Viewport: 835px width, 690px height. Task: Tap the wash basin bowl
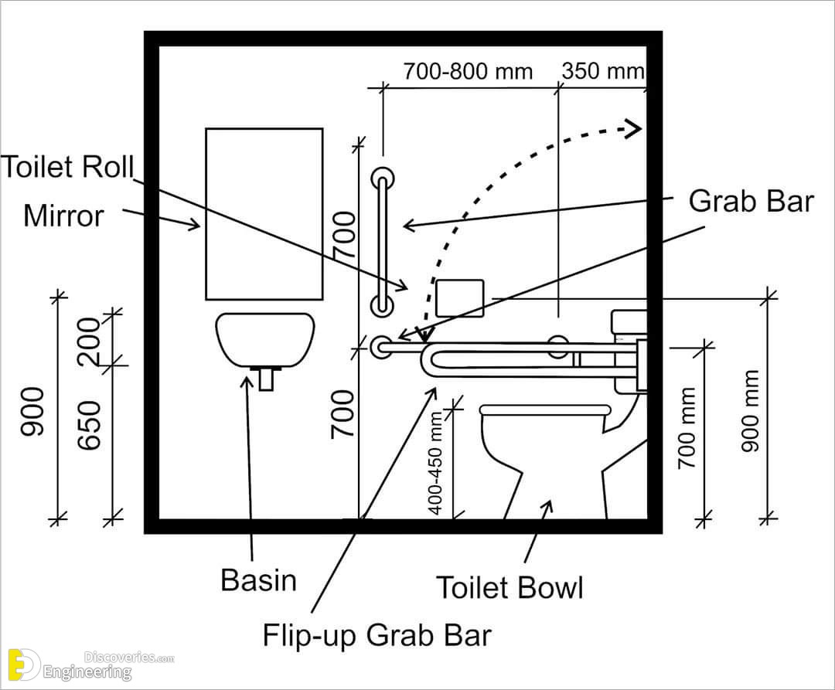[265, 339]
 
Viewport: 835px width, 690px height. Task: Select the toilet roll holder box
[460, 298]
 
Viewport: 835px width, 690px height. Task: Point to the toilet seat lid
[545, 410]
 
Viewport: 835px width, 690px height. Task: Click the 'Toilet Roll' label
[67, 167]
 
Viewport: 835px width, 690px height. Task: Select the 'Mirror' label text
[63, 216]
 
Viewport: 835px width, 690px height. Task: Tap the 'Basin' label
[258, 580]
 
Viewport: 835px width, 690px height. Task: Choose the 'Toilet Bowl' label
[510, 588]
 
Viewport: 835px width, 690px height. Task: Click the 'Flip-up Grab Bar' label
[377, 635]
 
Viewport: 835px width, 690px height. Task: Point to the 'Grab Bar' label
[751, 201]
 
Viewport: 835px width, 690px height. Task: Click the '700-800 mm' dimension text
[468, 71]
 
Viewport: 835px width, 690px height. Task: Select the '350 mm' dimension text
[603, 71]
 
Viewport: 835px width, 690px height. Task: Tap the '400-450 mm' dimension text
[435, 463]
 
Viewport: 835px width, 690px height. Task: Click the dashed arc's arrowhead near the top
[633, 129]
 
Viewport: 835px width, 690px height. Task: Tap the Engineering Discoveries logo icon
[24, 665]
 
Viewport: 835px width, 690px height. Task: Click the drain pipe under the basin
[266, 379]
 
